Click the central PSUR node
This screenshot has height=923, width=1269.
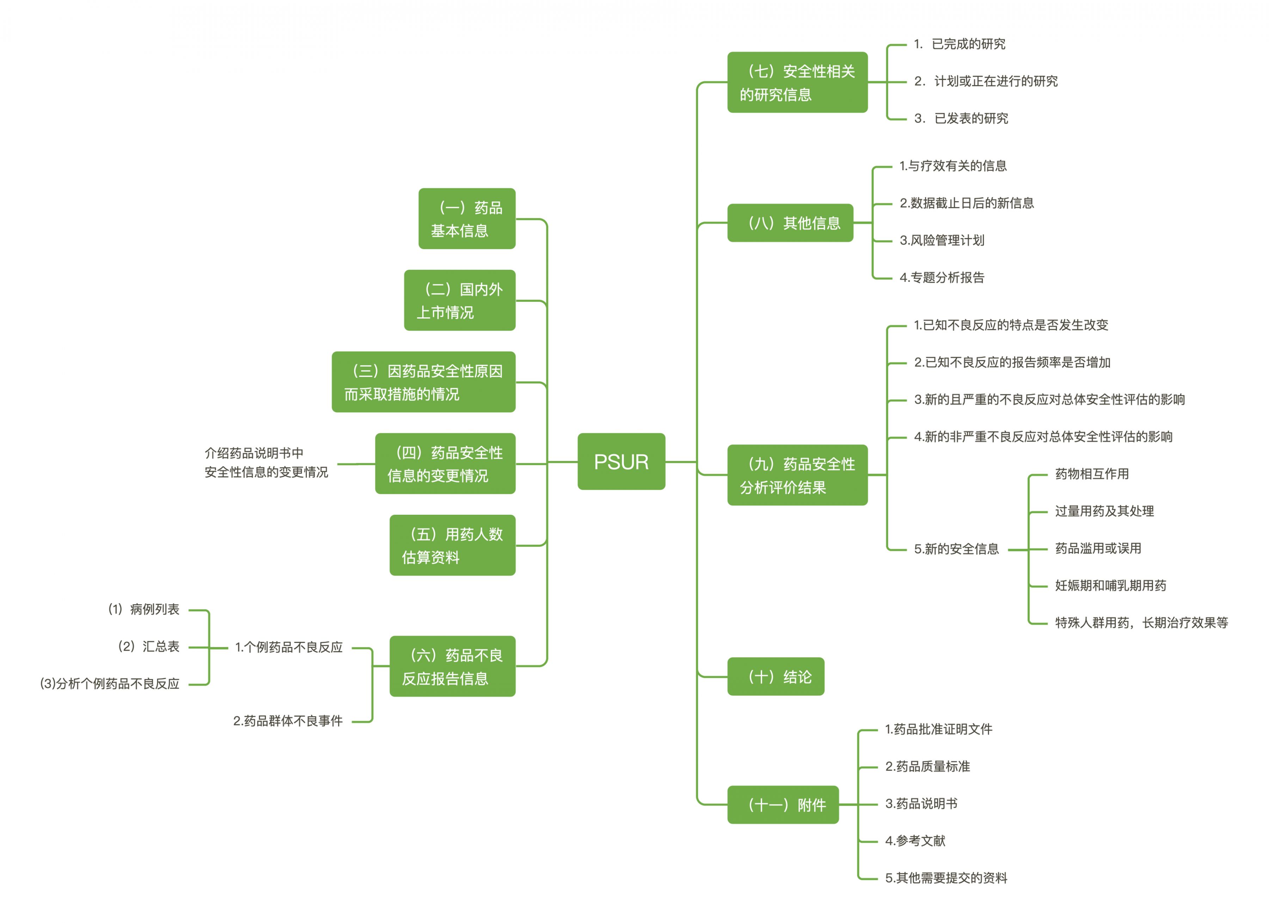click(x=621, y=462)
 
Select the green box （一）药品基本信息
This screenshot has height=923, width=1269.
click(x=467, y=219)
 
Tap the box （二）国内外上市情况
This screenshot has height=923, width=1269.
click(x=459, y=301)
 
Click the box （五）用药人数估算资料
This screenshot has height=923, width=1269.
click(x=452, y=545)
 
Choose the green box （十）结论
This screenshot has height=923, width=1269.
click(x=775, y=677)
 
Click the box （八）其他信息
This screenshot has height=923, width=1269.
click(x=790, y=223)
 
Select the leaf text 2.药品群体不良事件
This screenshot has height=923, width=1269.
click(x=288, y=721)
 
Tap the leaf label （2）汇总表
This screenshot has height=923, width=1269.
click(x=148, y=647)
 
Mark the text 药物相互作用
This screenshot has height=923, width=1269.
click(x=1092, y=474)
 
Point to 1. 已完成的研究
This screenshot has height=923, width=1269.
click(x=959, y=44)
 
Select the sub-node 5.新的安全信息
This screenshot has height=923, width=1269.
click(x=956, y=549)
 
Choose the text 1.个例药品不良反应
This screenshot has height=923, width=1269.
click(x=289, y=648)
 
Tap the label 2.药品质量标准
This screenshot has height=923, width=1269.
click(x=927, y=766)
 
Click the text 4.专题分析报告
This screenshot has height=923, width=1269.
click(x=942, y=277)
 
